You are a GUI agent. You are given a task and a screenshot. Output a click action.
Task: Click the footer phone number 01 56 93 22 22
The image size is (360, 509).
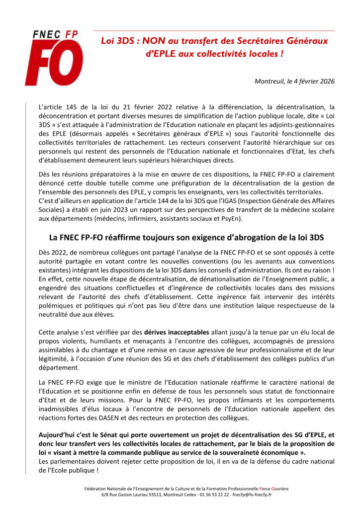point(214,495)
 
